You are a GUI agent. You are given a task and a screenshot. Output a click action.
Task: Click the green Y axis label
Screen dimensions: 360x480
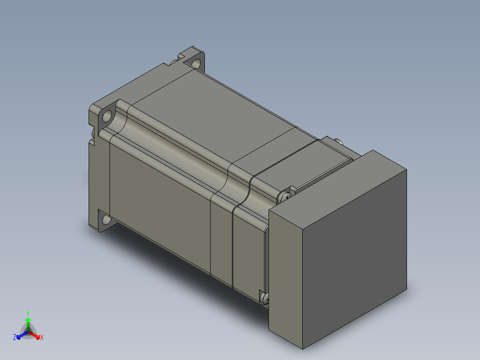click(28, 313)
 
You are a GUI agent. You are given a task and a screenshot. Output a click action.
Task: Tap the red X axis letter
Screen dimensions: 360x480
click(42, 338)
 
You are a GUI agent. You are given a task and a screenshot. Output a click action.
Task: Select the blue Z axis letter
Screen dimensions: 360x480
click(15, 338)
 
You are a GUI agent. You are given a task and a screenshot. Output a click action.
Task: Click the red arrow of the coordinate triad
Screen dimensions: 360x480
click(36, 335)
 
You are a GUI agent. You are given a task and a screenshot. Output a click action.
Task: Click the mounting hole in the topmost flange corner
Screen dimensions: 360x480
click(196, 62)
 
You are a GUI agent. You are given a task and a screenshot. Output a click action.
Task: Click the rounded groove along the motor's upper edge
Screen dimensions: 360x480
click(178, 143)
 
